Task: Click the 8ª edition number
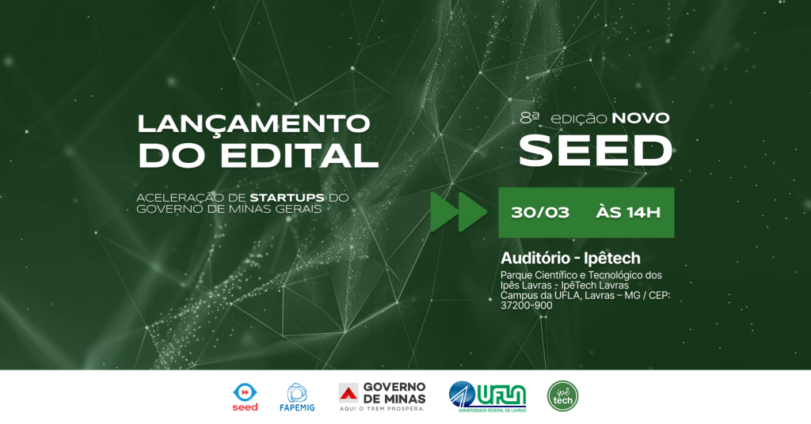(x=530, y=117)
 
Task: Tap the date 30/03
(x=540, y=212)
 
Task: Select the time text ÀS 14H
(x=628, y=212)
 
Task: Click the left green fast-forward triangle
(x=444, y=211)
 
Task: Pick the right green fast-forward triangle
(x=473, y=211)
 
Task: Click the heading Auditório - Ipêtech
(x=570, y=258)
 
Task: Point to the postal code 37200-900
(x=527, y=305)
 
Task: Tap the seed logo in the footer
(x=245, y=396)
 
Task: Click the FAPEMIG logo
(x=296, y=396)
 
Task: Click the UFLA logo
(x=487, y=396)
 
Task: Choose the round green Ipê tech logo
(x=562, y=396)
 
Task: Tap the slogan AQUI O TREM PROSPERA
(x=381, y=409)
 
